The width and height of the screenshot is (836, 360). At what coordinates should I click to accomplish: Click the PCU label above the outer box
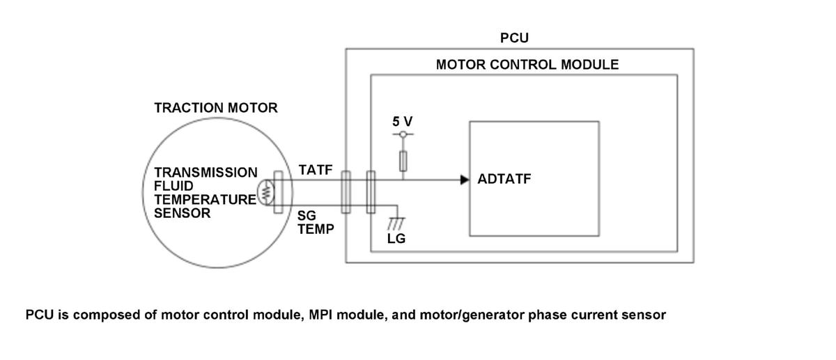514,38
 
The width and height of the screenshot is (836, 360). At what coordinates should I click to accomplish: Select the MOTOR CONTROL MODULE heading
527,65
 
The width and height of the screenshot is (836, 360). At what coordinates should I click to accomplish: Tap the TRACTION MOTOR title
216,108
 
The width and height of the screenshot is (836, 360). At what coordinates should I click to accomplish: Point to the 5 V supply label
403,121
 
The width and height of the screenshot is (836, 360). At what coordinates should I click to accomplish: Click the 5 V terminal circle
403,134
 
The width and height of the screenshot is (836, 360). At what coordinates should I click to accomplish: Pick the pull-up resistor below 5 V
403,161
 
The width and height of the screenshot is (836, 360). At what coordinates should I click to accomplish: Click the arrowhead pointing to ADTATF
465,180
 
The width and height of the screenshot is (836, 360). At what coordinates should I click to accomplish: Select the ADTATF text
504,179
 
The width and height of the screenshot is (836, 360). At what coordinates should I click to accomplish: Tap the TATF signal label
316,170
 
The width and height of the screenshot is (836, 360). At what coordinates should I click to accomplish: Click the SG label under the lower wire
307,216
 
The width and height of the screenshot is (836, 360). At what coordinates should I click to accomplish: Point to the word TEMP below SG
316,229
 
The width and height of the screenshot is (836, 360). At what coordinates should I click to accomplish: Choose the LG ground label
396,239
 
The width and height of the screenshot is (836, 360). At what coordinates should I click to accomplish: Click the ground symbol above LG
396,224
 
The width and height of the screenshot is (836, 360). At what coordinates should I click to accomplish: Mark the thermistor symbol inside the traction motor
265,192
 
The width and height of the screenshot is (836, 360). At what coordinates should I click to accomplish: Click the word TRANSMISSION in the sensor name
206,173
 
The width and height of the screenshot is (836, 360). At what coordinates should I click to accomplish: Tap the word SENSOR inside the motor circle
182,213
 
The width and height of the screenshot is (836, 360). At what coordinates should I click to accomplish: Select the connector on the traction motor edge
279,192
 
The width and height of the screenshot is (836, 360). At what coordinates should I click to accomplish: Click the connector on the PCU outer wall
346,192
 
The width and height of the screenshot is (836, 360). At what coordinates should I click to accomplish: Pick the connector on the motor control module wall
371,192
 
